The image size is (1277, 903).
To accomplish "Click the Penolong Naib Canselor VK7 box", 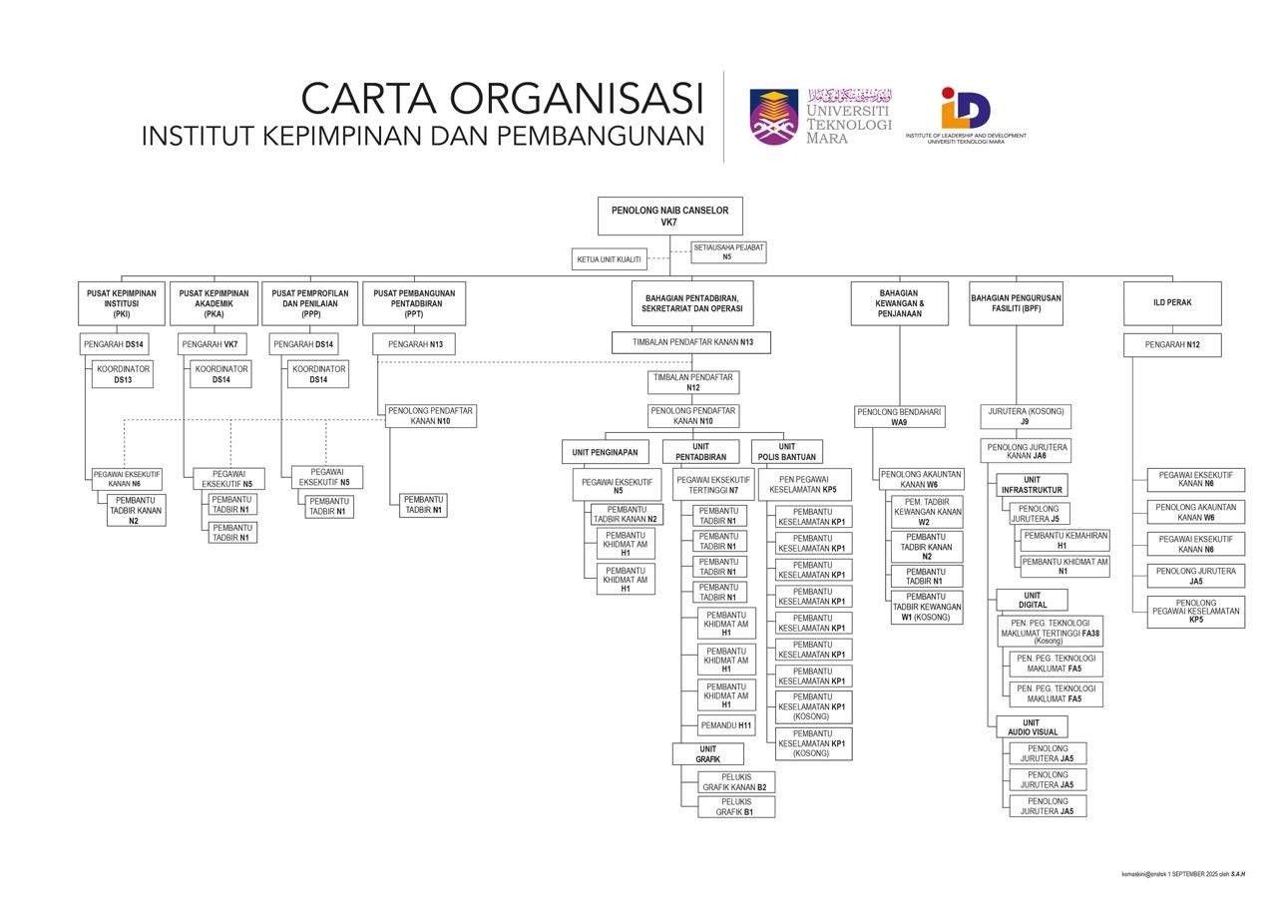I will coord(669,216).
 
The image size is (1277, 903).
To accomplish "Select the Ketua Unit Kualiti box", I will coord(609,259).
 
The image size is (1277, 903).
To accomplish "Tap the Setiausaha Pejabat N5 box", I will coord(728,251).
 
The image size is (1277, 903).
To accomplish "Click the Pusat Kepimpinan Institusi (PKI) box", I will coord(121,303).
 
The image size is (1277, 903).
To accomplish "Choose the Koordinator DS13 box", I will coord(123,374).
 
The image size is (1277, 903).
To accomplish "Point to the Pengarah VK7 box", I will coord(212,344).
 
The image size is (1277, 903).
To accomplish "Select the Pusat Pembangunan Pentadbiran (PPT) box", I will coord(414,303).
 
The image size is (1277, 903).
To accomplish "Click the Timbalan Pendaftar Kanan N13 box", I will coord(691,342).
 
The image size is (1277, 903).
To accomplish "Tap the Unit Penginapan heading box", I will coord(605,452).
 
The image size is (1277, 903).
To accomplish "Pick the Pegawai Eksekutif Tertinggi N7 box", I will coord(713,485).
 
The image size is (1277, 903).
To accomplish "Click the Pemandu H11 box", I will coord(725,725).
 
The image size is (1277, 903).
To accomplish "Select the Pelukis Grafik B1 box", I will coord(736,807).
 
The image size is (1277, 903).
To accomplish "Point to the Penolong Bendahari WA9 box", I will coord(899,417).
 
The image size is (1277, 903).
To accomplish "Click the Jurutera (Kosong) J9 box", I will coord(1025,416).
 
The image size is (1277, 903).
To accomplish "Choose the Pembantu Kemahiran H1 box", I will coord(1064,540).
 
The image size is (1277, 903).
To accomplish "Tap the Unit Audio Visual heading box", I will coord(1032,727).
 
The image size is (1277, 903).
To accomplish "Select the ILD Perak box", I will coord(1172,303).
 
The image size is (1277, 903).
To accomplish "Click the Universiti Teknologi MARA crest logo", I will coord(774,117).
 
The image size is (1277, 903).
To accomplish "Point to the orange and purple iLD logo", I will coord(965,108).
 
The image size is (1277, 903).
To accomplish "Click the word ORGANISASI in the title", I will coord(577,100).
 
